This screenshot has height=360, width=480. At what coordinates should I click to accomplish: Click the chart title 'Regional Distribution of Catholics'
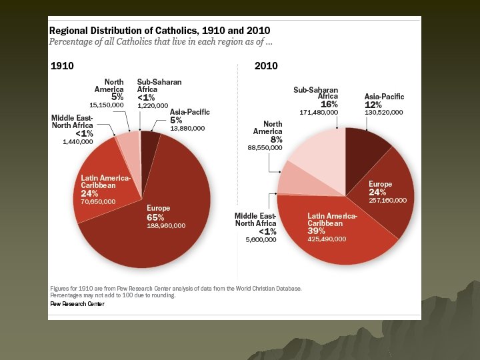coord(160,31)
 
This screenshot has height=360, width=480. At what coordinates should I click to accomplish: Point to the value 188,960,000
coord(166,226)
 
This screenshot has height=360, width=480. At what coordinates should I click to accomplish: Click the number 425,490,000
coord(327,239)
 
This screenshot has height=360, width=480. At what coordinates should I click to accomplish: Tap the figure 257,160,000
coord(387,200)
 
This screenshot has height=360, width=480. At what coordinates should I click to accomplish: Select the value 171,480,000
coord(319,113)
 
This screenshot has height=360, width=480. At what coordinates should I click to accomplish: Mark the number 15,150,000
coord(107,105)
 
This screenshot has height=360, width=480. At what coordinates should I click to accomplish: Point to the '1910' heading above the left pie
coord(62,66)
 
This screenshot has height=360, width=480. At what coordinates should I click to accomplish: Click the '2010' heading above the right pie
coord(266,66)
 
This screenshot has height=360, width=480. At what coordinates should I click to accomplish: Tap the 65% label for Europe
coord(155,217)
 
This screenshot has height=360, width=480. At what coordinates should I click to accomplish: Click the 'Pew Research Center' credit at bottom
coord(77,303)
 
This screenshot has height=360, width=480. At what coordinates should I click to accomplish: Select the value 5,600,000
coord(261,239)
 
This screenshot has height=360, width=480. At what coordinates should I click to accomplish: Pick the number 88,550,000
coord(265,147)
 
